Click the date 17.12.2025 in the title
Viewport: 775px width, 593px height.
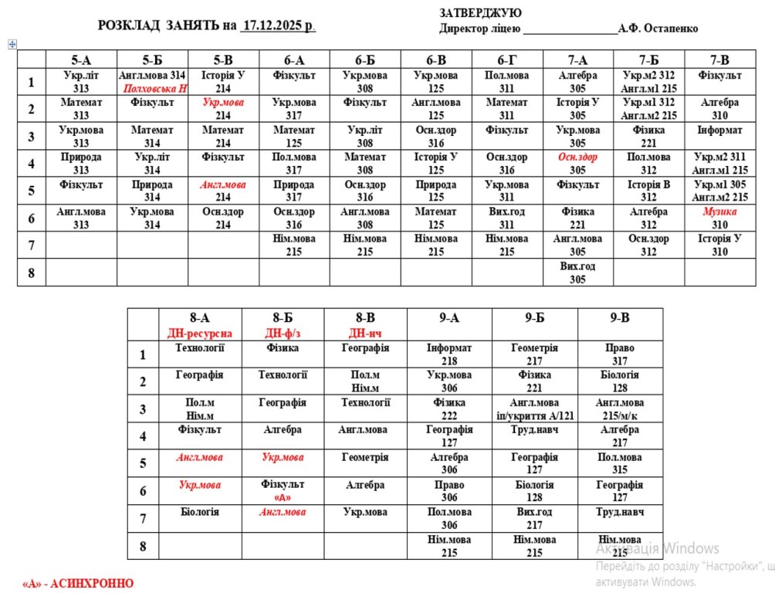point(277,25)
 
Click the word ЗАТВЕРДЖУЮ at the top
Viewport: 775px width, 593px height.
point(480,13)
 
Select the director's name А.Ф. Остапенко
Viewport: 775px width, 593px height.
point(658,29)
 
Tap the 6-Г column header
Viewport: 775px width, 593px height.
point(507,59)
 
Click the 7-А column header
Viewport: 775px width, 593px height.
point(578,59)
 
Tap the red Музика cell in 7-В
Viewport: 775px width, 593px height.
point(719,212)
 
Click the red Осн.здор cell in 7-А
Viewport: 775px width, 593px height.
point(578,158)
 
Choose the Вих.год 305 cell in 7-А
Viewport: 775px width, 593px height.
point(578,273)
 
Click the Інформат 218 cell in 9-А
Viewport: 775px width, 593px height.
point(449,354)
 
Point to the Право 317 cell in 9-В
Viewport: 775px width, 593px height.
point(620,354)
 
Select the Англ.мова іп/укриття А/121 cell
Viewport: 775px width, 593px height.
point(535,409)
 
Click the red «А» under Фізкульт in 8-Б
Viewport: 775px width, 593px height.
point(283,496)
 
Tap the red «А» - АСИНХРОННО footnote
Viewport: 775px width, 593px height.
point(78,583)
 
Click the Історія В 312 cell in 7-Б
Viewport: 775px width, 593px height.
point(648,191)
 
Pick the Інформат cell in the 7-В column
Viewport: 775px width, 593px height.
point(719,130)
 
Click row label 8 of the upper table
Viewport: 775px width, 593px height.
point(31,273)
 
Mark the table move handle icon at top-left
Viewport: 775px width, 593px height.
point(12,44)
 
